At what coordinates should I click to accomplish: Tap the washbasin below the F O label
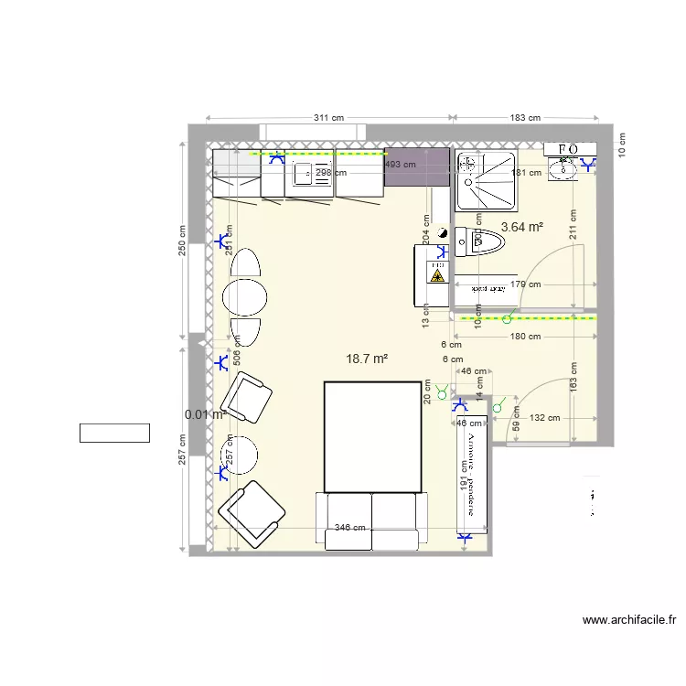pyautogui.click(x=565, y=166)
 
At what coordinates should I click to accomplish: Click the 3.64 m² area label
pyautogui.click(x=522, y=227)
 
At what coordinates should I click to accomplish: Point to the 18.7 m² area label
pyautogui.click(x=367, y=359)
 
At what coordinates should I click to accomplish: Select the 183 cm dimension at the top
pyautogui.click(x=525, y=118)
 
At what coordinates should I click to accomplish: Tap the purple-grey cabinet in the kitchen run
pyautogui.click(x=417, y=166)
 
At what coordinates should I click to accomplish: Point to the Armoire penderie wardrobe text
pyautogui.click(x=472, y=476)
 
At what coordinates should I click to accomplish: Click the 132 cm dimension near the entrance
pyautogui.click(x=545, y=418)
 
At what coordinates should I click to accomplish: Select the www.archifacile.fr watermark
pyautogui.click(x=629, y=620)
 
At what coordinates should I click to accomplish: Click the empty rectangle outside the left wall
pyautogui.click(x=114, y=433)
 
